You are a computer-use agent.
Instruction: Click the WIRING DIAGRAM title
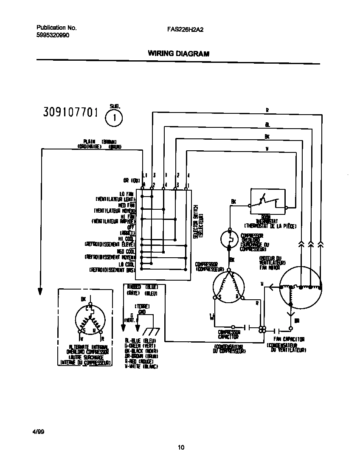178,53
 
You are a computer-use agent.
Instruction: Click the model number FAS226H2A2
186,30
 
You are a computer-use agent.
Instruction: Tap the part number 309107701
71,113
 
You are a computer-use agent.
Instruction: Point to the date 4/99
38,432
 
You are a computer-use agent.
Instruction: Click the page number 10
181,447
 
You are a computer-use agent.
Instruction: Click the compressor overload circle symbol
230,239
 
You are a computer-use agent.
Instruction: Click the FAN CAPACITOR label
289,339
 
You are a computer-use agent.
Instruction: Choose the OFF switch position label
131,228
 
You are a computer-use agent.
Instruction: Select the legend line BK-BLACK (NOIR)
141,351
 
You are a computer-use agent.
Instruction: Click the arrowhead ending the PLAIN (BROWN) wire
40,291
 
